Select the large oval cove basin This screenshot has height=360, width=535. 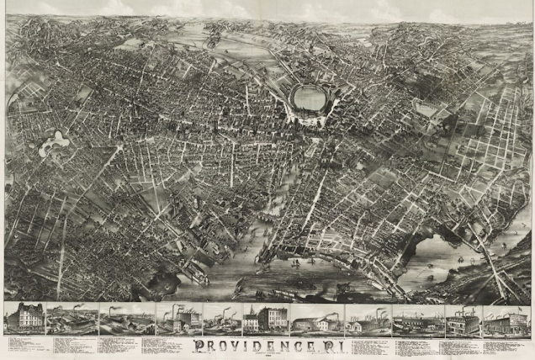pos(310,100)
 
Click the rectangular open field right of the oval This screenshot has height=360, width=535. pos(426,109)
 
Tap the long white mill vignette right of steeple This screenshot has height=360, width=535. pos(315,320)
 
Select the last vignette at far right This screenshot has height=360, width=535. pos(507,320)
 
